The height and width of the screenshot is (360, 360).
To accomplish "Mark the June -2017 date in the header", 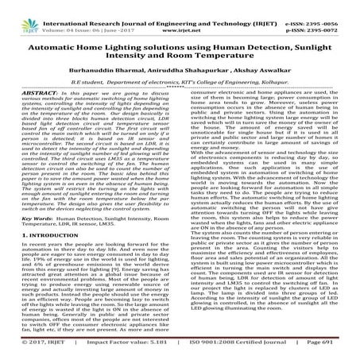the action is (117, 15).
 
